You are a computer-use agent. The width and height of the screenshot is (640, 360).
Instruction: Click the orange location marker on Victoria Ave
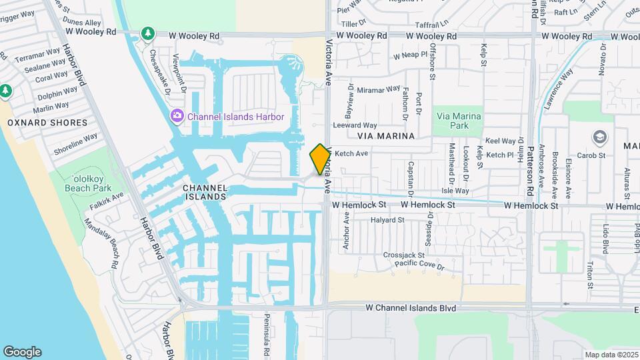(321, 159)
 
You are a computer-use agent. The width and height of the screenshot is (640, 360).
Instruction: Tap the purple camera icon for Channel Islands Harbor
(177, 117)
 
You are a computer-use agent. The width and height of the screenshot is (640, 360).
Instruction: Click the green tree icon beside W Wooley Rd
(147, 33)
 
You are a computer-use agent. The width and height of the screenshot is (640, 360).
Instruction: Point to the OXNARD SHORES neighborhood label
(47, 123)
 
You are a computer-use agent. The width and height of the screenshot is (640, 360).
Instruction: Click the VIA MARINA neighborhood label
(386, 136)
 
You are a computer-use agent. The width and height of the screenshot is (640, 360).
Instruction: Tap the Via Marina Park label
(458, 121)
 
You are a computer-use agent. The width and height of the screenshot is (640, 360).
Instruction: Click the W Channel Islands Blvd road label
(411, 309)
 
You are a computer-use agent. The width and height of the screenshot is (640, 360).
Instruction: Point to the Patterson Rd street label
(531, 171)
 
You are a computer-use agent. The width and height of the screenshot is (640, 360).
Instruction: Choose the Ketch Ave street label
(351, 153)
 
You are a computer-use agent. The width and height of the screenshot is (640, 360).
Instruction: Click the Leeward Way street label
(355, 125)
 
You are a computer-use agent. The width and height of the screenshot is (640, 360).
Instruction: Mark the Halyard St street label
(389, 219)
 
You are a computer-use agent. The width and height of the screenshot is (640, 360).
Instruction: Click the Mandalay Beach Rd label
(106, 243)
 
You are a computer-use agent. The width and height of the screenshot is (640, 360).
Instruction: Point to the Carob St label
(591, 155)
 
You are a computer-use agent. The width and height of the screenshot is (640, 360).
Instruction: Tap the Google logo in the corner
(22, 352)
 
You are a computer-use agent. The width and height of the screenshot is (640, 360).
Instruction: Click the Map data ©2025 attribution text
(611, 355)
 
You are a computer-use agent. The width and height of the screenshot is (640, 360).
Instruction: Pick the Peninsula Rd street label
(265, 336)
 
